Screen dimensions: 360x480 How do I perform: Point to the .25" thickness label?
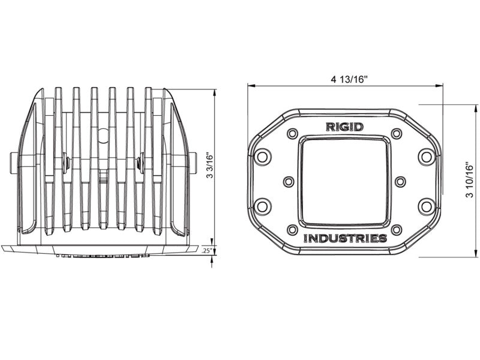pos(208,250)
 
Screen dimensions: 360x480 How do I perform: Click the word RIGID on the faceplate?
pos(344,127)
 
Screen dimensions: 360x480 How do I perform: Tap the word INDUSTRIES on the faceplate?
pos(344,238)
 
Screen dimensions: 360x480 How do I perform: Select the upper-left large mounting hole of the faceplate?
pos(262,157)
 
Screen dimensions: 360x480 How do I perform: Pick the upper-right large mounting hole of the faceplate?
pos(426,157)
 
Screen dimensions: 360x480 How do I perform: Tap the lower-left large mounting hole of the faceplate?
pos(262,206)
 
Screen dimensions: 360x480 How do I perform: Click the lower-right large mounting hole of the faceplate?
pos(426,206)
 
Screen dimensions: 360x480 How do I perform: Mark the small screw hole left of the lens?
pos(289,181)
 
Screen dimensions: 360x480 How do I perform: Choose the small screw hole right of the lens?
pos(400,181)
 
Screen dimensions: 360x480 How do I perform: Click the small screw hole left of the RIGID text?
pos(293,133)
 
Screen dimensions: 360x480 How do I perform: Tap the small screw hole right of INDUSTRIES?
pos(396,230)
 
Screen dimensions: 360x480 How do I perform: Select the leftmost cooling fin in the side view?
pos(58,159)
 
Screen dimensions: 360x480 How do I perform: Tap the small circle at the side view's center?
pos(103,136)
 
